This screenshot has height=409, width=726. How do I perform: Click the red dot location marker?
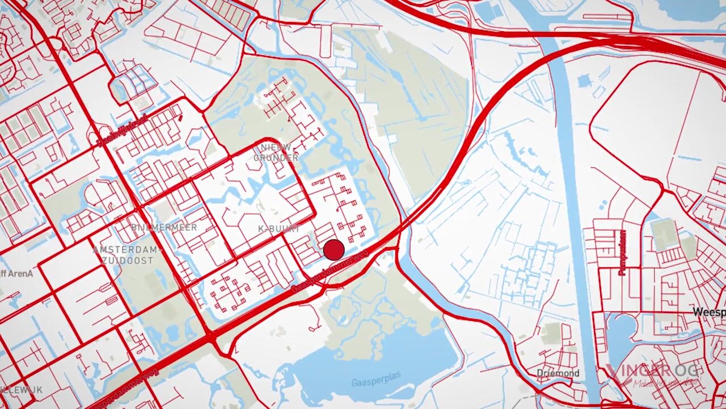point(334,250)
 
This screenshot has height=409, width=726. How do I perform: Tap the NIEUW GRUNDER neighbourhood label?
point(276,152)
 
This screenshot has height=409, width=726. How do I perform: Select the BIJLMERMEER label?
point(164,227)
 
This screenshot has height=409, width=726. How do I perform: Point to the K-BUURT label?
point(278,228)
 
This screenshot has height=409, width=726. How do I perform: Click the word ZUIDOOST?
point(128,260)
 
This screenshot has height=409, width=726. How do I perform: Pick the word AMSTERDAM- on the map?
point(128,250)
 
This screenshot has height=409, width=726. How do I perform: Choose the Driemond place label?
point(558,373)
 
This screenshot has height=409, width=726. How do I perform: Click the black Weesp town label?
point(709,312)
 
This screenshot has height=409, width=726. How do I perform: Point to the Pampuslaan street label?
point(622,252)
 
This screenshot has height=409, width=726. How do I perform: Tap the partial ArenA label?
point(16,273)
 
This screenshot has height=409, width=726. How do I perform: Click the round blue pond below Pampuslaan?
point(622,332)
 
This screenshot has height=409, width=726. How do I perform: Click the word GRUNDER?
point(276,157)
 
